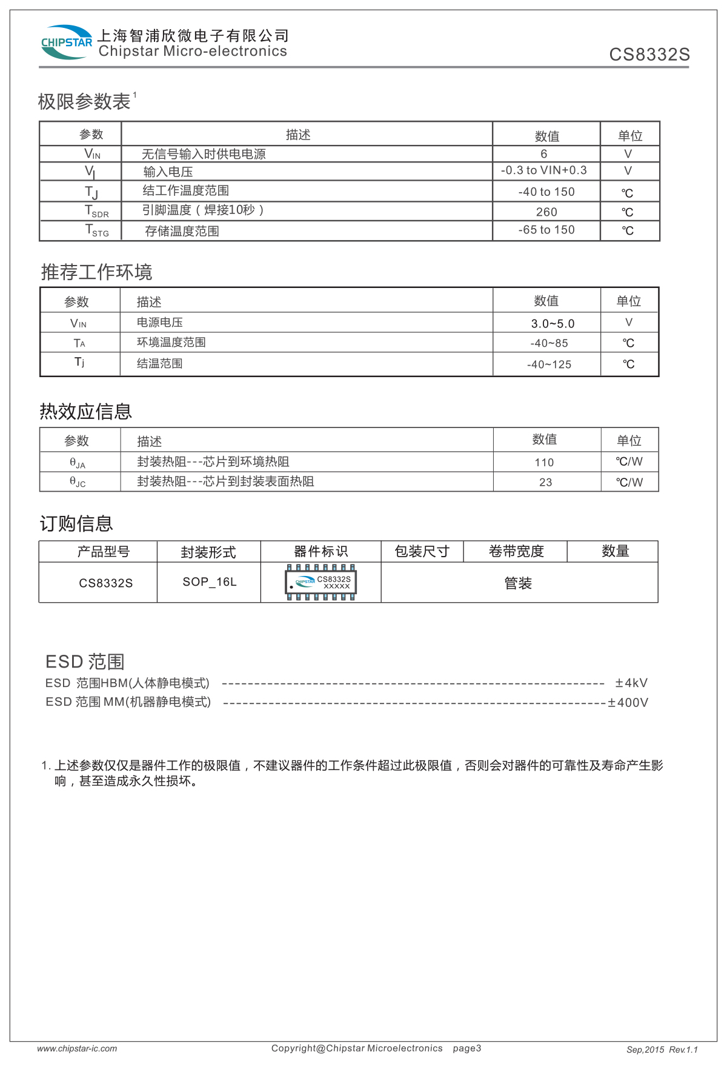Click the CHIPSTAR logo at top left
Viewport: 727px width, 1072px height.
click(66, 42)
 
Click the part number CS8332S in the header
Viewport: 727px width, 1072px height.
click(649, 55)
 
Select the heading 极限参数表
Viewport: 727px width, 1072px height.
click(84, 101)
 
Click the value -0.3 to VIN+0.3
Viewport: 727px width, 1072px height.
click(543, 170)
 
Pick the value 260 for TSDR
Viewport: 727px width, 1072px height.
click(546, 212)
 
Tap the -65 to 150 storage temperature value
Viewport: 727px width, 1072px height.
click(546, 230)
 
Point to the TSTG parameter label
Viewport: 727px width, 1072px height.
click(96, 230)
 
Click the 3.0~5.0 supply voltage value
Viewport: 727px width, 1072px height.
click(552, 323)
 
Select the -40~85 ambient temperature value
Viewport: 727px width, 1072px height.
click(549, 343)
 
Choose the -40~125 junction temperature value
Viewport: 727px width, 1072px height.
click(549, 364)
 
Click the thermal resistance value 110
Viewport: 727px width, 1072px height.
click(544, 463)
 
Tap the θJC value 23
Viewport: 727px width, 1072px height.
click(545, 483)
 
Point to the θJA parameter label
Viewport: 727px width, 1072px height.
click(78, 463)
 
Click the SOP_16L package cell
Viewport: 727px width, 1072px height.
click(210, 582)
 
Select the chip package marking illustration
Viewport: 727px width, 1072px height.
click(320, 583)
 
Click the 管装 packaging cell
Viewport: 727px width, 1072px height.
click(518, 583)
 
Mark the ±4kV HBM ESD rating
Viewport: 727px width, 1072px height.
click(631, 683)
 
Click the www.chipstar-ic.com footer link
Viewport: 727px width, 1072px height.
click(77, 1048)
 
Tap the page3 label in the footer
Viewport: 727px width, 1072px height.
click(466, 1048)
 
